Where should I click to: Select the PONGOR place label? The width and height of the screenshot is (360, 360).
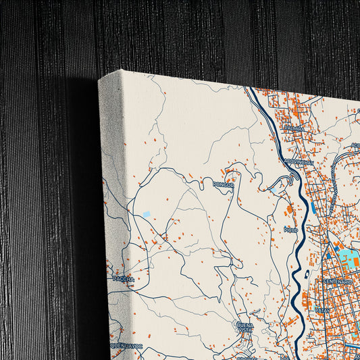[x=223, y=184]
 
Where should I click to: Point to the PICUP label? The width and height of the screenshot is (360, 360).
[x=291, y=230]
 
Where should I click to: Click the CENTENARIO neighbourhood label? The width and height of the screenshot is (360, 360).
[x=337, y=281]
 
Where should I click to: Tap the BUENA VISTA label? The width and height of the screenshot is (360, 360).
[x=245, y=327]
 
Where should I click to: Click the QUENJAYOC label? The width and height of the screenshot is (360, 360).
[x=126, y=345]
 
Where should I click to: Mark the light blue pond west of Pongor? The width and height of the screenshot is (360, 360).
[x=146, y=214]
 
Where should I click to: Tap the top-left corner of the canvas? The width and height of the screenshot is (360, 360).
[x=99, y=80]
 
